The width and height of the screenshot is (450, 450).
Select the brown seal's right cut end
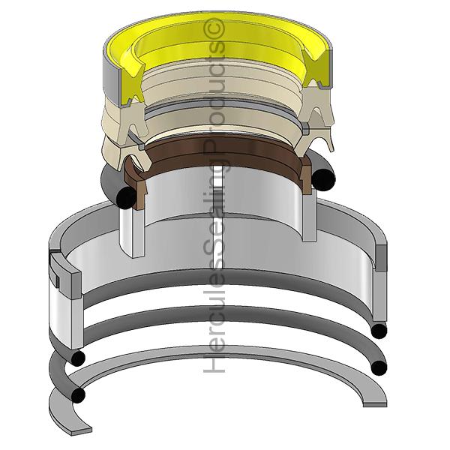(307, 175)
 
